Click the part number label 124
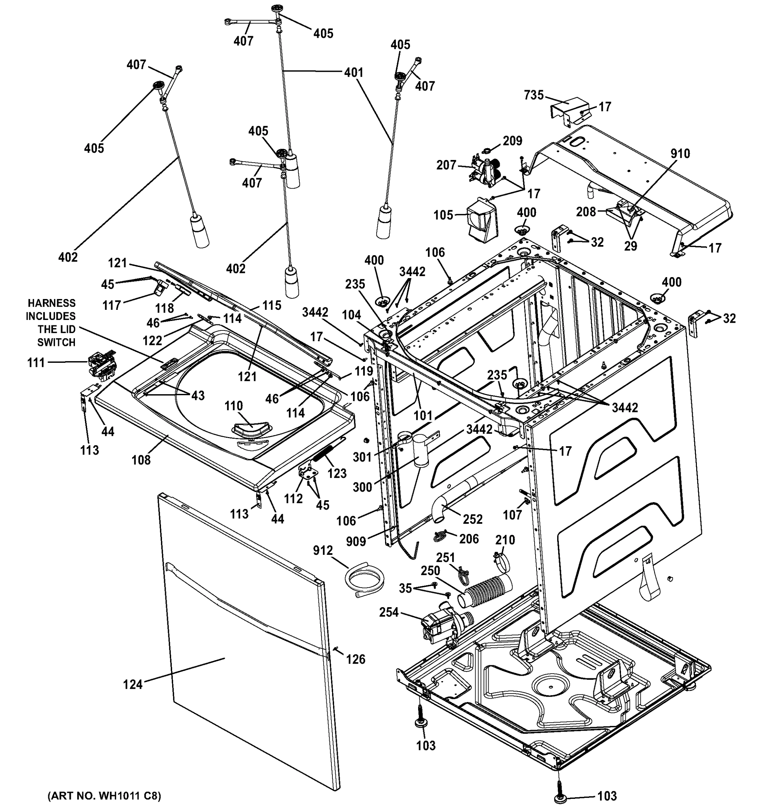133,684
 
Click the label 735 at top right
534,95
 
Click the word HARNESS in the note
51,303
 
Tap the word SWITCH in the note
56,343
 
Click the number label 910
680,154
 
